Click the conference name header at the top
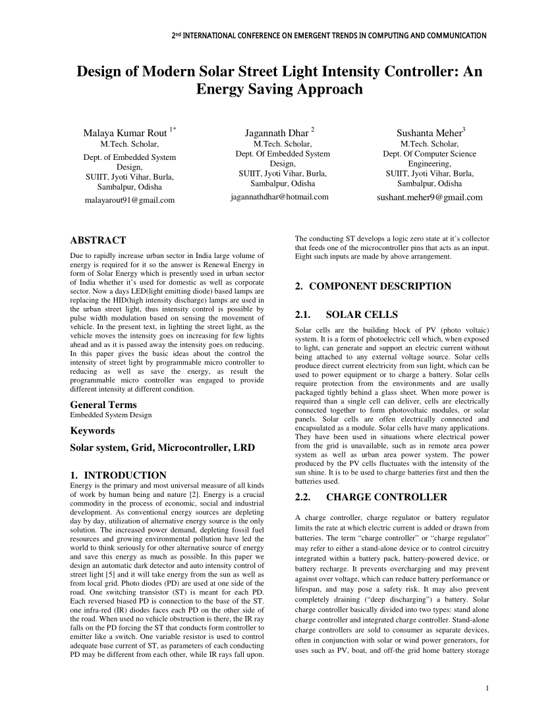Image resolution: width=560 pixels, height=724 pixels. click(328, 36)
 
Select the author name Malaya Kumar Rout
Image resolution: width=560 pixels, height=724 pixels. click(125, 133)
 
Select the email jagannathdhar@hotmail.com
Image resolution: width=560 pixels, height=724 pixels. click(279, 197)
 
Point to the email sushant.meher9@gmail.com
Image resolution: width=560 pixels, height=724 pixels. click(429, 197)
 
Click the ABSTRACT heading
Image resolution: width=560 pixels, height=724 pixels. click(98, 240)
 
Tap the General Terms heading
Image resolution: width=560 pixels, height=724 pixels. click(103, 405)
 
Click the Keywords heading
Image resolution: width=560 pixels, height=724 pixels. click(92, 430)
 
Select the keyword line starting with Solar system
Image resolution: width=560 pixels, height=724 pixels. click(162, 448)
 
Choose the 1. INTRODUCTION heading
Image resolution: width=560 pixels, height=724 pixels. click(118, 475)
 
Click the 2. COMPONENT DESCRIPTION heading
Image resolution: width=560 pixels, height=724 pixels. click(373, 286)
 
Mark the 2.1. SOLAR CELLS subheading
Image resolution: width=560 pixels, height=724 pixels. click(347, 314)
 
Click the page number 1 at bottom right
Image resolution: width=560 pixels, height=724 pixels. click(486, 689)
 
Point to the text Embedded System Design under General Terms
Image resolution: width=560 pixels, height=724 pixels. click(111, 415)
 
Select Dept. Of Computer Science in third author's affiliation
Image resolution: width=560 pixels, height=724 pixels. click(429, 154)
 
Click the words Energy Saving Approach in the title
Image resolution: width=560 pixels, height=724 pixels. click(279, 89)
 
